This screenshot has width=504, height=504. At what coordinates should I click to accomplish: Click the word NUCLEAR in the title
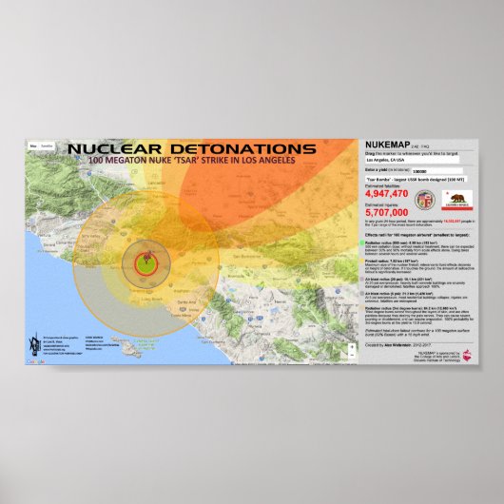(112, 149)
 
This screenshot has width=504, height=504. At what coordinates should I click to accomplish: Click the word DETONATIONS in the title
(227, 149)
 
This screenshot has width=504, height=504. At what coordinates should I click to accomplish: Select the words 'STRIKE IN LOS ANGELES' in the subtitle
(245, 161)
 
